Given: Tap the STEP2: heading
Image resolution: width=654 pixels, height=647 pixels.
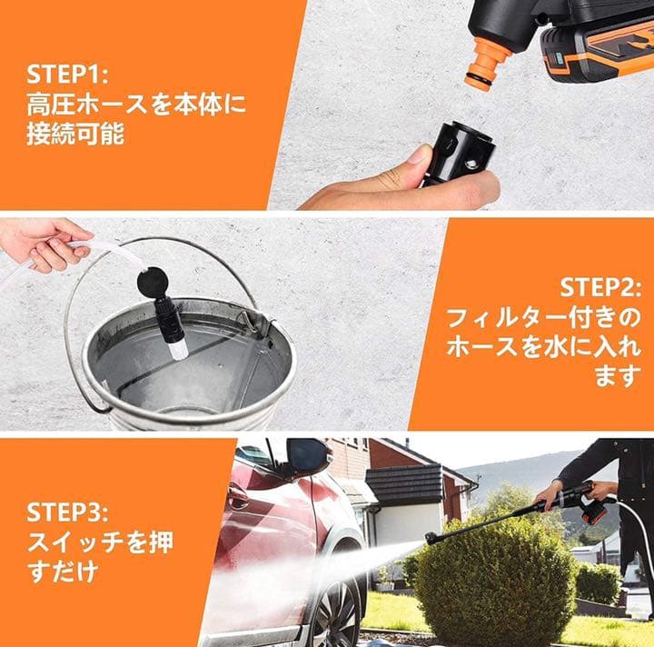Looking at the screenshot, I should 600,288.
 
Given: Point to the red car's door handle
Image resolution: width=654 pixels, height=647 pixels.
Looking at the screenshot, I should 237,496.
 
